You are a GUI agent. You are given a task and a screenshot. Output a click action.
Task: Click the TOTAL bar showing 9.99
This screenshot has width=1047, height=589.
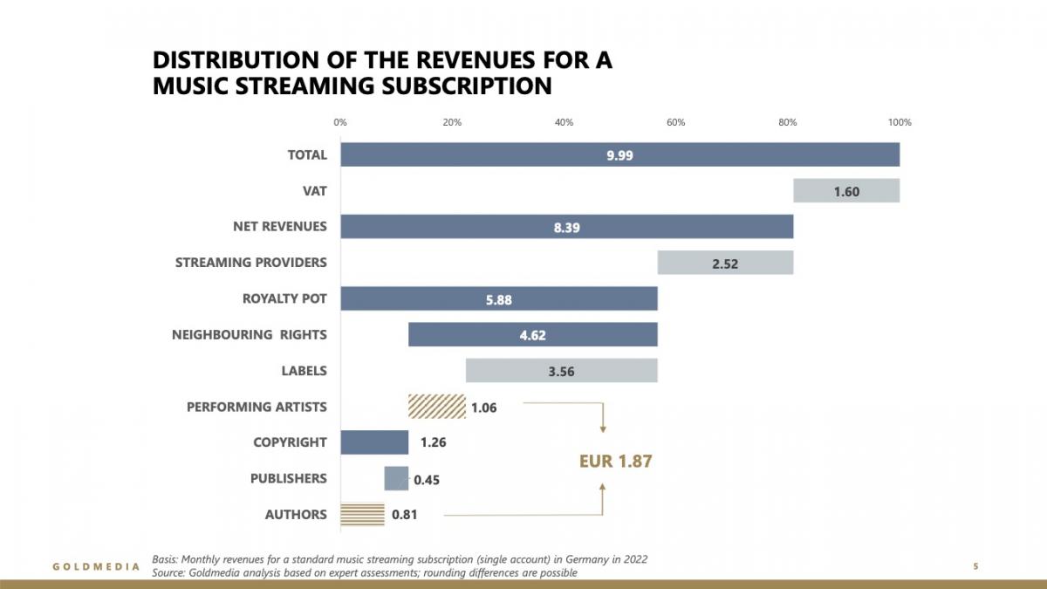(619, 155)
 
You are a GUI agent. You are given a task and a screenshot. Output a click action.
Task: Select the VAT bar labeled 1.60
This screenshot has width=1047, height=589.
(845, 191)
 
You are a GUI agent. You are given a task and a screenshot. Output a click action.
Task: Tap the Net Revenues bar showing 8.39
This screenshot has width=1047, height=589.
(566, 227)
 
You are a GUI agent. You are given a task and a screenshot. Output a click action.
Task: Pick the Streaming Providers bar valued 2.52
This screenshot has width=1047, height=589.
(724, 263)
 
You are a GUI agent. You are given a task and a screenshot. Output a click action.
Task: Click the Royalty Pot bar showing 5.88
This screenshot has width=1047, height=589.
(498, 299)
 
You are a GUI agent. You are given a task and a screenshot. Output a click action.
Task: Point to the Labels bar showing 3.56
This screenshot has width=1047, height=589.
(561, 371)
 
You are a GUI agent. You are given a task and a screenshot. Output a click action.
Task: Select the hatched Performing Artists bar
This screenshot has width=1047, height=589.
(436, 407)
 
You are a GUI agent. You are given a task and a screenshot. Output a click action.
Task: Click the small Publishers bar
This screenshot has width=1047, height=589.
(396, 478)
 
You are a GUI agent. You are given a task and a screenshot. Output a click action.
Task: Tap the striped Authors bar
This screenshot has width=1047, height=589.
(362, 515)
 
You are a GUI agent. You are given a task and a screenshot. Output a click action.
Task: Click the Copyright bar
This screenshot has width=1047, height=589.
(374, 442)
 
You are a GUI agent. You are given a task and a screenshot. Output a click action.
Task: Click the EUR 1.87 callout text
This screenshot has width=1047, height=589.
(615, 462)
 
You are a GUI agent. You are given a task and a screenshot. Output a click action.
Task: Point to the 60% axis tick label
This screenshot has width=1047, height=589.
(675, 122)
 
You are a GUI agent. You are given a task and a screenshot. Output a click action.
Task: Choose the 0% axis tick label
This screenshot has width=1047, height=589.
(340, 122)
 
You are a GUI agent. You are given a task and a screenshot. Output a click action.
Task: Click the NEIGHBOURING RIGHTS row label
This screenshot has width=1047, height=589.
(250, 335)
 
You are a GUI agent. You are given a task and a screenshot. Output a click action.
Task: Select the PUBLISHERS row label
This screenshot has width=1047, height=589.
(288, 478)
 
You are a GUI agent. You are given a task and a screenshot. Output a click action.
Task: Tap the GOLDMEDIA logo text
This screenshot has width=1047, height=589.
(96, 567)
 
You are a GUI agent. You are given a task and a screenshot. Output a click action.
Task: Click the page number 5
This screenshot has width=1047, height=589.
(975, 567)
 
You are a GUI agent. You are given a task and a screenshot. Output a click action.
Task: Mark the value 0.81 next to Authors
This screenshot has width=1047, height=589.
(404, 515)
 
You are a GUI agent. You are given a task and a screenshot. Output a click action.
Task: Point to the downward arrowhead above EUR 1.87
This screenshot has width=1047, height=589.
(603, 428)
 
